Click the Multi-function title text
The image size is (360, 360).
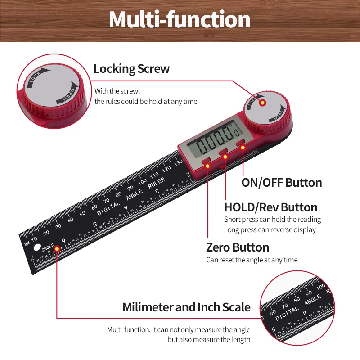[x=180, y=20]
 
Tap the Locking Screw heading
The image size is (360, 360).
[x=131, y=69]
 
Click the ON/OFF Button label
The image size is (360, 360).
[x=282, y=183]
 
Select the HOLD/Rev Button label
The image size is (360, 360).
[x=271, y=207]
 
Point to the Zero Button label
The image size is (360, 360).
[x=238, y=247]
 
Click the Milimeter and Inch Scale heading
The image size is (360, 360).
[x=186, y=307]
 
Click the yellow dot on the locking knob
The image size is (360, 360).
[x=262, y=103]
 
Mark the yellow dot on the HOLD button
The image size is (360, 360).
[x=225, y=156]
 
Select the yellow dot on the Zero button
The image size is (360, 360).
[x=208, y=166]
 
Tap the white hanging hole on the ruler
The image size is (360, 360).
[x=37, y=247]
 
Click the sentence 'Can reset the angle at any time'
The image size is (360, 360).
[x=252, y=260]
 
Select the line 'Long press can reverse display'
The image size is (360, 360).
[x=270, y=230]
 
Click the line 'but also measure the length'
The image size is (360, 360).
[x=209, y=340]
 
